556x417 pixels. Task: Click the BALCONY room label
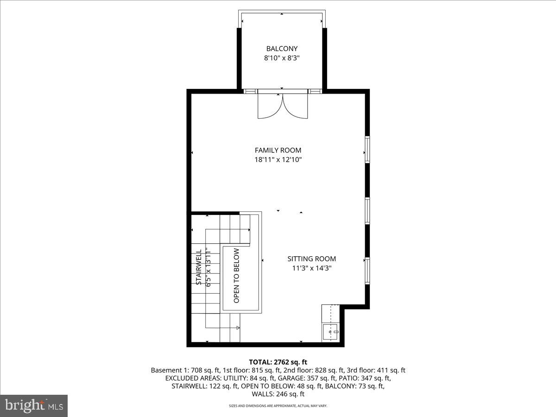pos(282,49)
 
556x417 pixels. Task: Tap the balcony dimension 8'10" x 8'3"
pos(282,58)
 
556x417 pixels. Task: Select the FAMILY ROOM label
pos(278,150)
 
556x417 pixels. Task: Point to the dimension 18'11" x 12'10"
pos(278,160)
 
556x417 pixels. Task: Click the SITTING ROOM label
pos(312,259)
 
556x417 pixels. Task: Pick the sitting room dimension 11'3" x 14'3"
pos(312,268)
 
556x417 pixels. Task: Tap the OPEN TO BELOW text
pos(237,276)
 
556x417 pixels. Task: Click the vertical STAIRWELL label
pos(198,267)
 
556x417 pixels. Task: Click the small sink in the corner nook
pos(332,332)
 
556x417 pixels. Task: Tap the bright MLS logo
pos(34,406)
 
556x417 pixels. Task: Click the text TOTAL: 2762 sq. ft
pos(278,362)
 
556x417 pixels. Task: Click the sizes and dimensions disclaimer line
pos(278,406)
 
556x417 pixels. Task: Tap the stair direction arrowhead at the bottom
pos(238,328)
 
